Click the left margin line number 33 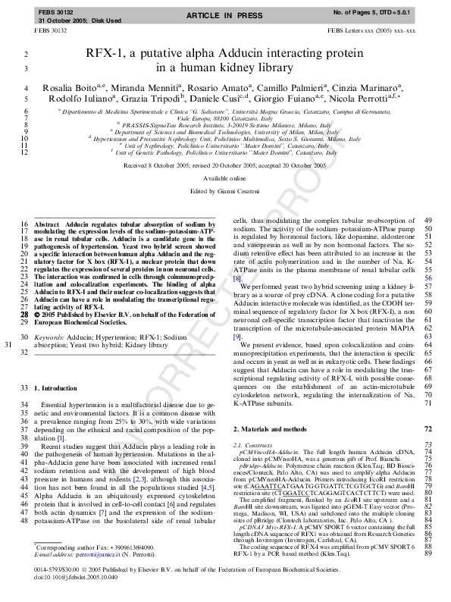(26, 387)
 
